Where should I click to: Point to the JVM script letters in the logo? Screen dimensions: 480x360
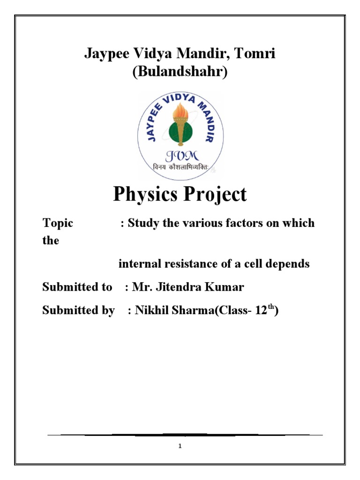(x=180, y=155)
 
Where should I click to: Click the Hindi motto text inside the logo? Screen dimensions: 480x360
(x=180, y=167)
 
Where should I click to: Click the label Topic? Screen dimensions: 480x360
(x=58, y=223)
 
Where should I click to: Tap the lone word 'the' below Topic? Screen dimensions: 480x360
(x=51, y=241)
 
